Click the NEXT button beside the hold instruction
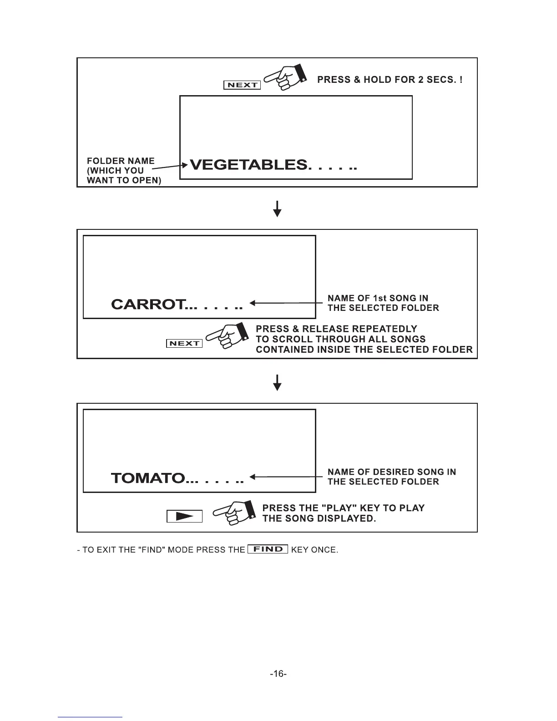tap(242, 85)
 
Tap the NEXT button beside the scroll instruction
tap(184, 344)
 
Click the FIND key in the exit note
tap(268, 549)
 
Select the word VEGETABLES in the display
tap(248, 165)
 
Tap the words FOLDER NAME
tap(121, 161)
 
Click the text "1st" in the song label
tap(380, 298)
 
